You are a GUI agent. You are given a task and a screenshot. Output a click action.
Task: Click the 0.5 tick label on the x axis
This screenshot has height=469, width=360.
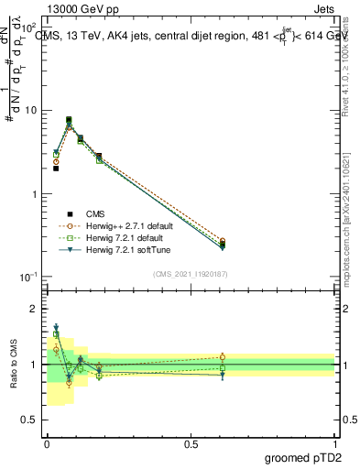pos(191,443)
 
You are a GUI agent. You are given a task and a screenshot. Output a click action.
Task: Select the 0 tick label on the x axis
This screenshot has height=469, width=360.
pos(47,443)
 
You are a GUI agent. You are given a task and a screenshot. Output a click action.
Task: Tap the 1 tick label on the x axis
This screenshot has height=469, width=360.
pos(335,443)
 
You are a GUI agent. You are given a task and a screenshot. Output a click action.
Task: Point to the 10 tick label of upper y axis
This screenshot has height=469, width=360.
pos(30,111)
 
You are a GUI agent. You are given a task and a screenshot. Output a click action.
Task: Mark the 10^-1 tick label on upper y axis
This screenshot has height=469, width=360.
pos(29,278)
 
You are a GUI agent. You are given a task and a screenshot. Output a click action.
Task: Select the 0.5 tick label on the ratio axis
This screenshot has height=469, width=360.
pos(33,420)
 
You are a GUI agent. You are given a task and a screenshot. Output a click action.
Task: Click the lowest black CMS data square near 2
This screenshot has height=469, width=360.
pos(56,169)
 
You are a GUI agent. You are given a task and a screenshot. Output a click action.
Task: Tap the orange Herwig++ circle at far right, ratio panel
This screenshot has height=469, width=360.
pos(223,357)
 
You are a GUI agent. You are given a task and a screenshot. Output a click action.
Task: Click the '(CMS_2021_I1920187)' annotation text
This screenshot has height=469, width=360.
pos(190,273)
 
